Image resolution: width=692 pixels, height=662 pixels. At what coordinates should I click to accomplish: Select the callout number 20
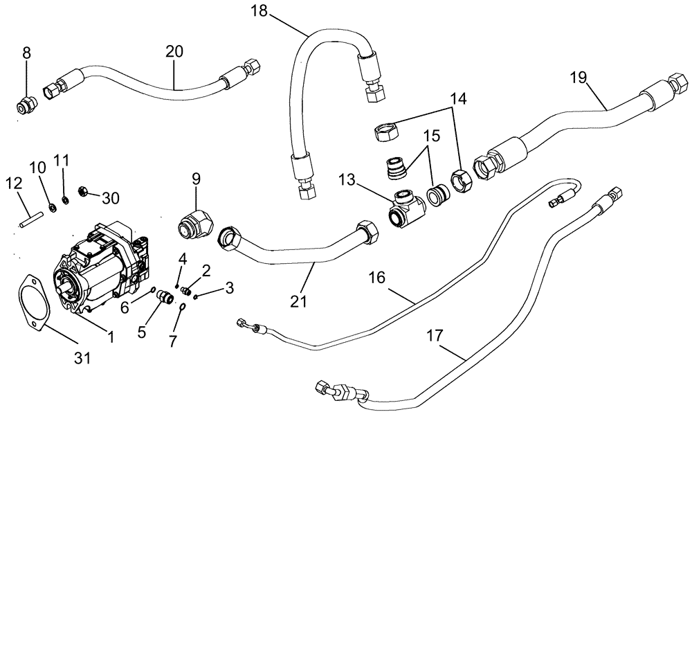click(174, 51)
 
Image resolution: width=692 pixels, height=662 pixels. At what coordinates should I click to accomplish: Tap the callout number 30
click(111, 198)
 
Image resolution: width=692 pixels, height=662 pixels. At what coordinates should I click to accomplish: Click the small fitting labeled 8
click(26, 106)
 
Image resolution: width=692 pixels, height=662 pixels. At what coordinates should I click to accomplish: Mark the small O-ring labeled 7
click(182, 307)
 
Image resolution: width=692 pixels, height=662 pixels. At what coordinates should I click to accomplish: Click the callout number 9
click(196, 179)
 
